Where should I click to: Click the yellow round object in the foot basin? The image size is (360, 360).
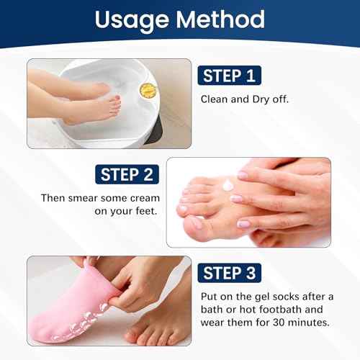click(148, 89)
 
